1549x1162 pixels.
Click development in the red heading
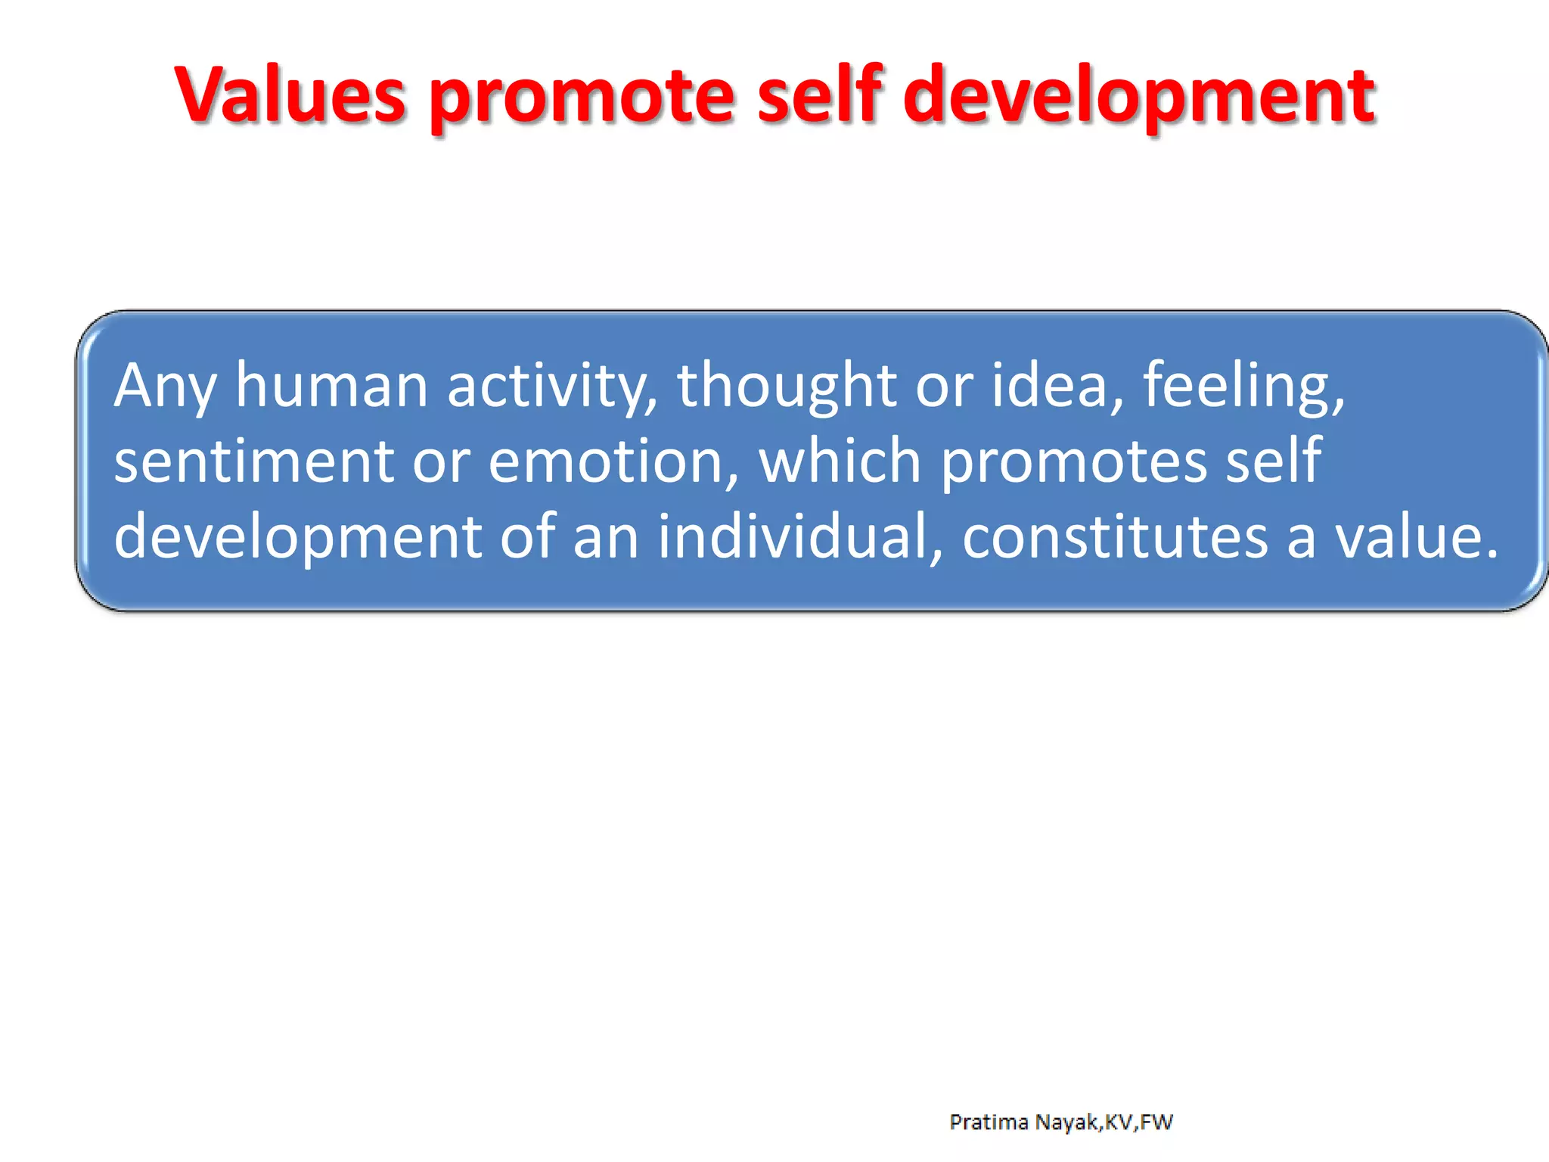tap(1139, 98)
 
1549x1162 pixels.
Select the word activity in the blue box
tap(551, 387)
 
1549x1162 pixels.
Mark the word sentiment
tap(254, 462)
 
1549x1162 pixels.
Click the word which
tap(840, 461)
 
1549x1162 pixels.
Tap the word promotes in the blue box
tap(1073, 464)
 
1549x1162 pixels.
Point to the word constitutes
tap(1115, 536)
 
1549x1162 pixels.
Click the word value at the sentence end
tap(1407, 536)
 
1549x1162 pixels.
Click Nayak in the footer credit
tap(1068, 1122)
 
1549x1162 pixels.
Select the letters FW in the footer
tap(1156, 1122)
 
